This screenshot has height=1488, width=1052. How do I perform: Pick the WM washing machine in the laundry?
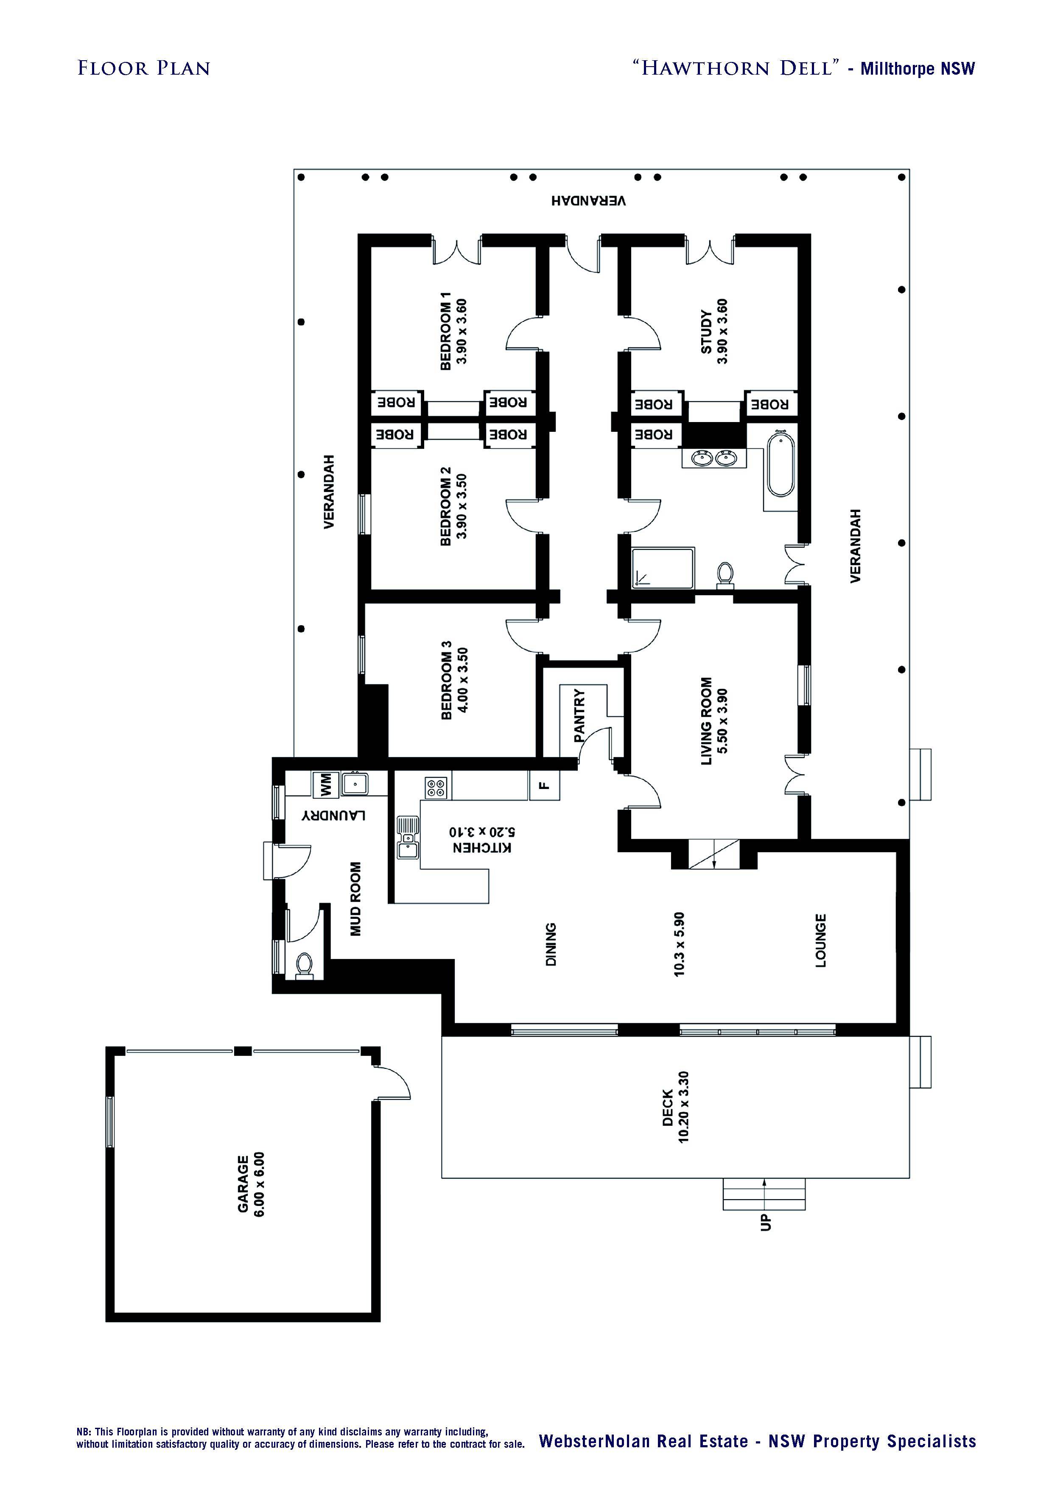click(x=322, y=785)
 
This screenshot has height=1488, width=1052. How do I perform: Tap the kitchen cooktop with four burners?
click(x=436, y=787)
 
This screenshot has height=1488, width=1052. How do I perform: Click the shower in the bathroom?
click(x=663, y=568)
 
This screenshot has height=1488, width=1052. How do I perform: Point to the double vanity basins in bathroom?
click(x=713, y=458)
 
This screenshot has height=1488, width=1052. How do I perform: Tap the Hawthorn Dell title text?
click(x=736, y=67)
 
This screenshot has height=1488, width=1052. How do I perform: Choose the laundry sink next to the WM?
click(x=355, y=784)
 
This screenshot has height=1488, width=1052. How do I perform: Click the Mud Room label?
click(x=355, y=899)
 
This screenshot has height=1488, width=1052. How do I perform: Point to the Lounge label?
click(x=820, y=940)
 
